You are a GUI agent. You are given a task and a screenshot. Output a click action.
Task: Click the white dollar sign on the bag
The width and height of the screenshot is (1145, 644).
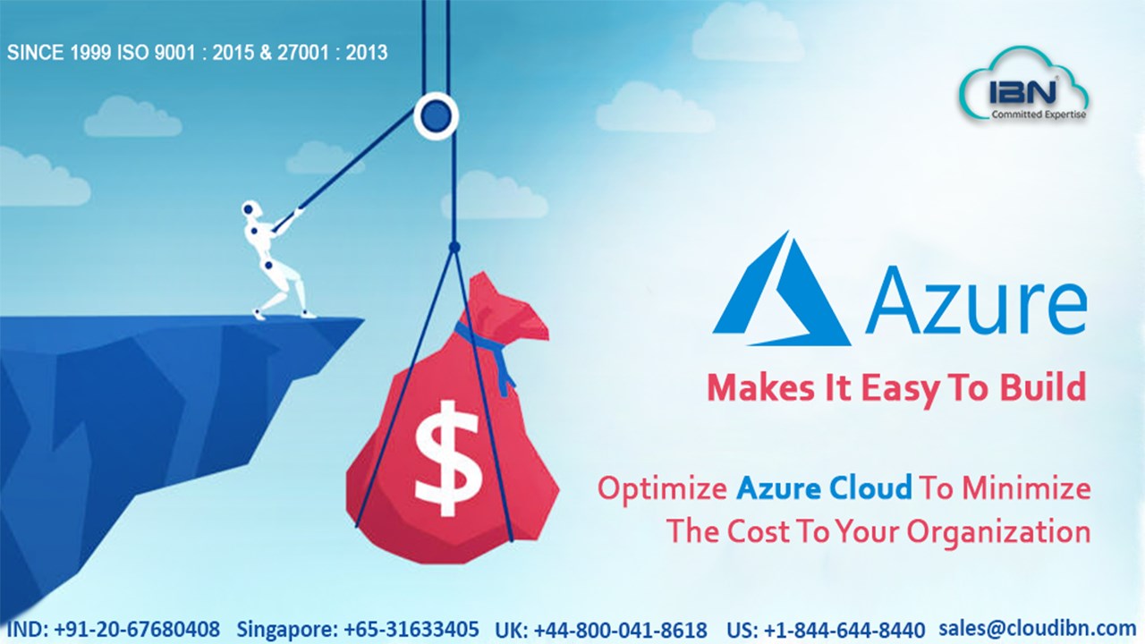(x=448, y=457)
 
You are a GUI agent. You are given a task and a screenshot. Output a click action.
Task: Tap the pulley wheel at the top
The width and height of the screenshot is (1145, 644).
(x=436, y=116)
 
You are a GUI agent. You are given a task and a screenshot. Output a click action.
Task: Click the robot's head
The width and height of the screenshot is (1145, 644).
(x=250, y=209)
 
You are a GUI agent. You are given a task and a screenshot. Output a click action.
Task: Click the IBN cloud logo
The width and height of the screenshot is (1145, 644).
(x=1024, y=87)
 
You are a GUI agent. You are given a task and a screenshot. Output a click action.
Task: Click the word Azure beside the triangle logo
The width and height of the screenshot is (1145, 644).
(x=975, y=300)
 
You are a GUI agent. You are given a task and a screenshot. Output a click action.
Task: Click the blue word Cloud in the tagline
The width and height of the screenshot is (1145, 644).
(x=870, y=487)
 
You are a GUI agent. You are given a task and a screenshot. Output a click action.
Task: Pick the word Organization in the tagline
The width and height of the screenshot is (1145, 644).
(x=999, y=533)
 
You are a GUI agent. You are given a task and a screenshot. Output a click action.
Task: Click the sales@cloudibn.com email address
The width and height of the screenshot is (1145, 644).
(x=1038, y=628)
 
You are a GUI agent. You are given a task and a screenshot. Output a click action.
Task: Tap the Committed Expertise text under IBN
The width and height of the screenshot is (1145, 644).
(x=1039, y=114)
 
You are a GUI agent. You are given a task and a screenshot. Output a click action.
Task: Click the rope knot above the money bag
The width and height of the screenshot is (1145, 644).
(x=454, y=248)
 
